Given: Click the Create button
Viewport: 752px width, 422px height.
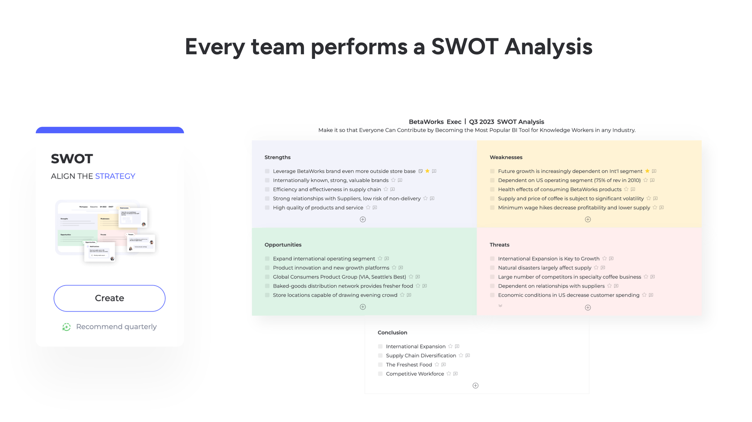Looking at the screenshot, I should pyautogui.click(x=109, y=298).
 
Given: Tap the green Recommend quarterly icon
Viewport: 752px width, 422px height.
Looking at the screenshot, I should pyautogui.click(x=67, y=327).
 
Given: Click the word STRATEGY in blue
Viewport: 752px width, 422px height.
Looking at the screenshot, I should pyautogui.click(x=115, y=176).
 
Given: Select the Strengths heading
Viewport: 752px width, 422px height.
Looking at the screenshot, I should pyautogui.click(x=277, y=157).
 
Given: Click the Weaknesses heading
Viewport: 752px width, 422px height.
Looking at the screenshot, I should pyautogui.click(x=506, y=157).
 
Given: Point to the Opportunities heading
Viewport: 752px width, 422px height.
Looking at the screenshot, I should pyautogui.click(x=283, y=245).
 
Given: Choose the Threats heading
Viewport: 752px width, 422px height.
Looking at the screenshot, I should pyautogui.click(x=499, y=245).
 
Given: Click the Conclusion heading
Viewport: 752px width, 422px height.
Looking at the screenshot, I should pyautogui.click(x=392, y=333).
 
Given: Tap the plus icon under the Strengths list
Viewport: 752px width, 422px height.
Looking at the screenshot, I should pyautogui.click(x=363, y=219).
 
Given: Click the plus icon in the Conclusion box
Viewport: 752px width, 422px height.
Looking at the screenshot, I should pyautogui.click(x=475, y=386).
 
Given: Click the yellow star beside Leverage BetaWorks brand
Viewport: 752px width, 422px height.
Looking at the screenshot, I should pyautogui.click(x=428, y=171).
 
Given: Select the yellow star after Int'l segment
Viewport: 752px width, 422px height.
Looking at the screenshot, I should pyautogui.click(x=647, y=171).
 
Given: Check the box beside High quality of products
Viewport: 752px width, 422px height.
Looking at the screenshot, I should pyautogui.click(x=267, y=208).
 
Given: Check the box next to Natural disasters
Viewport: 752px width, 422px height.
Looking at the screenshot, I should pyautogui.click(x=492, y=268).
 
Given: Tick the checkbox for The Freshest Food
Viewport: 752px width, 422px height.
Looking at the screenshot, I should pyautogui.click(x=380, y=365).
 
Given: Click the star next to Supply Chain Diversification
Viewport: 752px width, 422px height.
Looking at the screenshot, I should pyautogui.click(x=461, y=356).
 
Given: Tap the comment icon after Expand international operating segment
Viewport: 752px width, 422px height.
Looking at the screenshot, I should pyautogui.click(x=387, y=259).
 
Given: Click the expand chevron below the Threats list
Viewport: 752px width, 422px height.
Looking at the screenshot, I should pyautogui.click(x=500, y=306).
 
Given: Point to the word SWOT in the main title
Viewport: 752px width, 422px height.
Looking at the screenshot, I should pyautogui.click(x=465, y=47).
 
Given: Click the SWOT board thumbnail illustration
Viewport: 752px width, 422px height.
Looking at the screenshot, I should pyautogui.click(x=105, y=231).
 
